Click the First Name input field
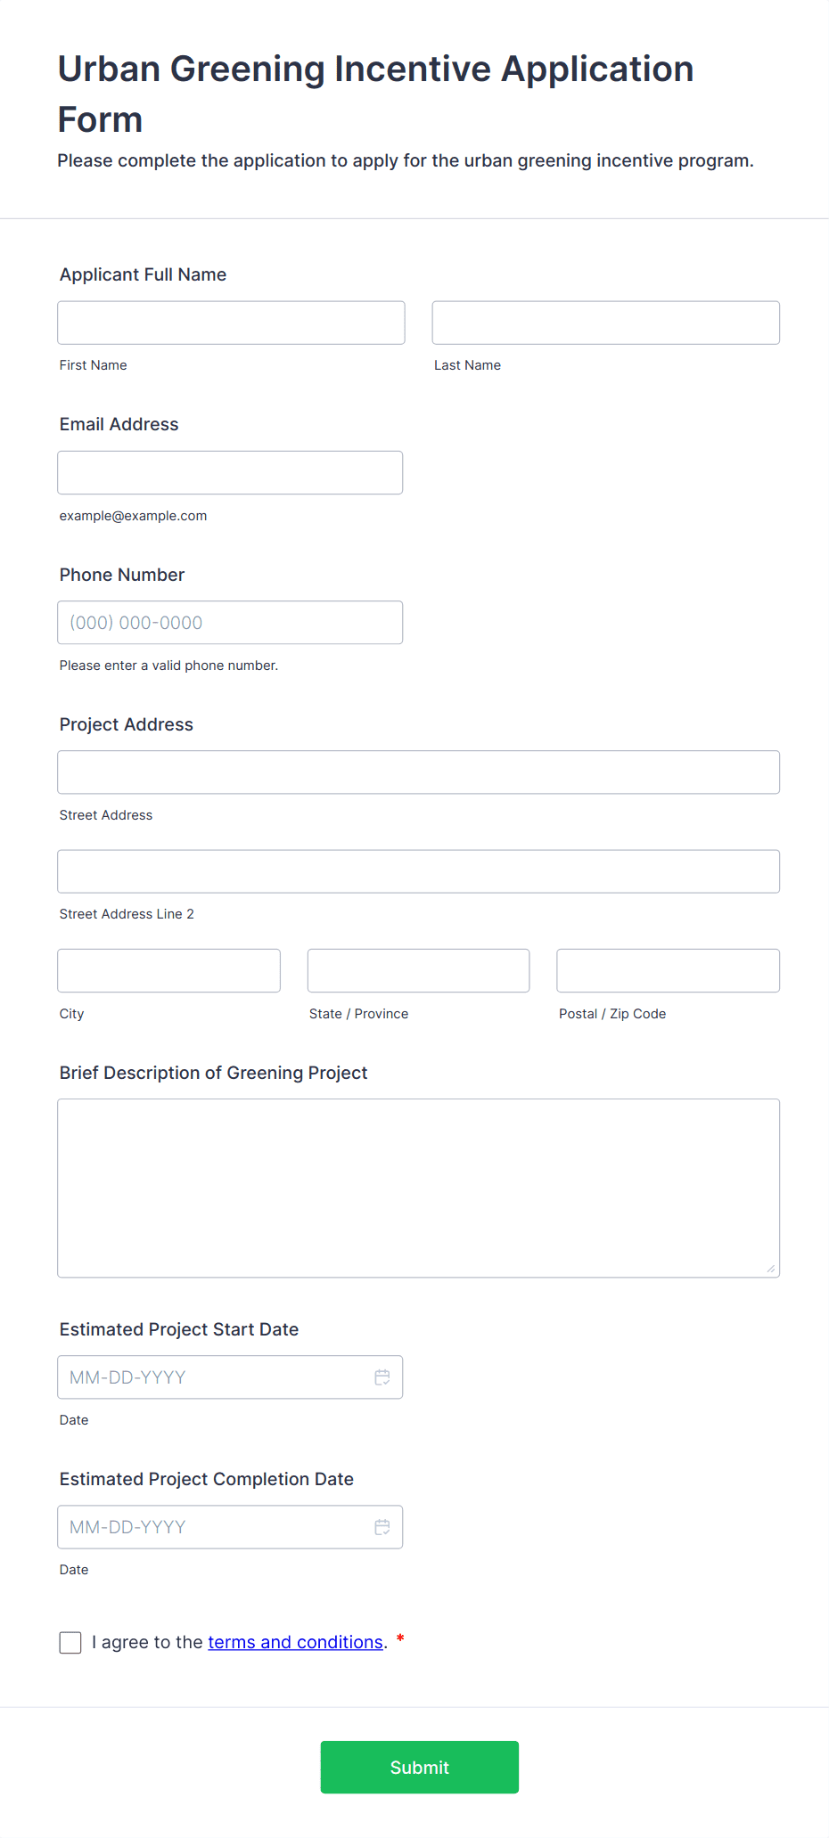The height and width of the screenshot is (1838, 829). pyautogui.click(x=231, y=323)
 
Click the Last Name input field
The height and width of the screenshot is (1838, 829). pyautogui.click(x=605, y=323)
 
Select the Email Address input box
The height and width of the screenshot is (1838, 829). pyautogui.click(x=230, y=472)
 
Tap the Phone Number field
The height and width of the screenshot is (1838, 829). pyautogui.click(x=230, y=623)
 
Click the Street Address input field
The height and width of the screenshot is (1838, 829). pyautogui.click(x=418, y=772)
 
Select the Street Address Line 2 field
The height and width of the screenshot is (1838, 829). pyautogui.click(x=418, y=871)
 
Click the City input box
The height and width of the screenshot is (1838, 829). pyautogui.click(x=168, y=970)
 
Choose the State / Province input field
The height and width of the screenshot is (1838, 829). pyautogui.click(x=418, y=970)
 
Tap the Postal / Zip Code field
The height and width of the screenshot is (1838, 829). pyautogui.click(x=668, y=970)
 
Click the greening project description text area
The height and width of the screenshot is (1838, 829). pyautogui.click(x=418, y=1188)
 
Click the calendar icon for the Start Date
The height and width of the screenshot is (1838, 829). pyautogui.click(x=382, y=1377)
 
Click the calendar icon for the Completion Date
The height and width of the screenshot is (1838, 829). pyautogui.click(x=382, y=1527)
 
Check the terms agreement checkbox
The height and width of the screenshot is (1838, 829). pyautogui.click(x=70, y=1643)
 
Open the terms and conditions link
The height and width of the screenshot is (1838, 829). pyautogui.click(x=295, y=1642)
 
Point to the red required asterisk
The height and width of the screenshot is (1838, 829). pyautogui.click(x=400, y=1638)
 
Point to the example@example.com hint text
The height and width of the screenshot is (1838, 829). pyautogui.click(x=133, y=516)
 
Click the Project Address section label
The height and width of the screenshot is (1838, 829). pyautogui.click(x=127, y=724)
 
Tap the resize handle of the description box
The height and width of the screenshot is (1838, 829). pyautogui.click(x=771, y=1269)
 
